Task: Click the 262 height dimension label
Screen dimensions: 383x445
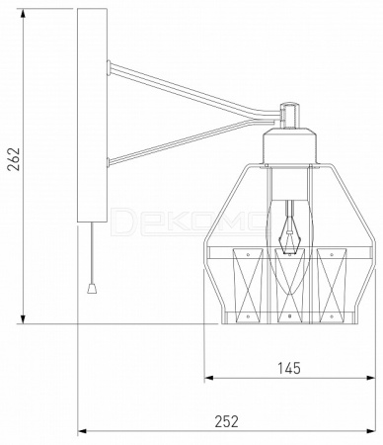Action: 14,159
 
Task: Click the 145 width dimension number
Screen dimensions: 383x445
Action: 289,368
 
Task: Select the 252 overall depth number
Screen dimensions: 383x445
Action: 226,421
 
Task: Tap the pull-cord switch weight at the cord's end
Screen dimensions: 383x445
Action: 92,289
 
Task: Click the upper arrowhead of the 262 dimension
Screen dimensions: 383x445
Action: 23,13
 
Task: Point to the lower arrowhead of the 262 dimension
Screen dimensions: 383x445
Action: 23,318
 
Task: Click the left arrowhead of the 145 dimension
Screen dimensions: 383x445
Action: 209,378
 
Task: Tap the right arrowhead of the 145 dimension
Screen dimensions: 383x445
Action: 370,378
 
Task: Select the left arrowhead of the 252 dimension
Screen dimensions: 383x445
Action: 82,431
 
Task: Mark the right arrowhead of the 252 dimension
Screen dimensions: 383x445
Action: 371,431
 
